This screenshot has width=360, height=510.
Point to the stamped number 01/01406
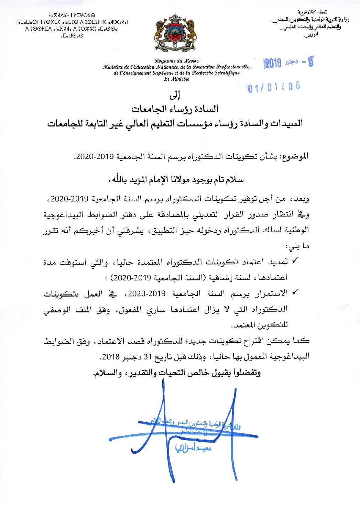click(x=273, y=87)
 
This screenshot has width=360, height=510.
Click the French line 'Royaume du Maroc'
click(x=176, y=61)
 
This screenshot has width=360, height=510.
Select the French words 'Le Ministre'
click(x=176, y=79)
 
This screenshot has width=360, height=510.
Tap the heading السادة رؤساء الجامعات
click(x=175, y=109)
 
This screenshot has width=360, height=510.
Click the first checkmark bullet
click(x=295, y=262)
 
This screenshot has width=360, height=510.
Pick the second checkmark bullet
click(x=295, y=293)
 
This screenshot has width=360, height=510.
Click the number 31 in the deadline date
click(x=148, y=357)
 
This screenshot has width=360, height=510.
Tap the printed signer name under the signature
click(x=193, y=447)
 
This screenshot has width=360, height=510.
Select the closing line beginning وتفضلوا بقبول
click(x=177, y=373)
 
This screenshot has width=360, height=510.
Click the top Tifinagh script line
click(x=72, y=15)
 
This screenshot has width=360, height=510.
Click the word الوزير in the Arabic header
click(x=311, y=34)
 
